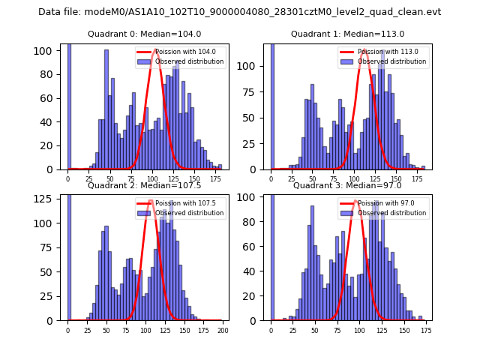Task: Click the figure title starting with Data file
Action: (239, 12)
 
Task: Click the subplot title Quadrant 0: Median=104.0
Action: (145, 34)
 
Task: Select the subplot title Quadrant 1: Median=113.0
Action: (347, 34)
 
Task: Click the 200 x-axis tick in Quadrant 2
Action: (222, 330)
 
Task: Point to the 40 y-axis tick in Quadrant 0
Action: (52, 122)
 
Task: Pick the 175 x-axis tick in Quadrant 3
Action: (425, 330)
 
